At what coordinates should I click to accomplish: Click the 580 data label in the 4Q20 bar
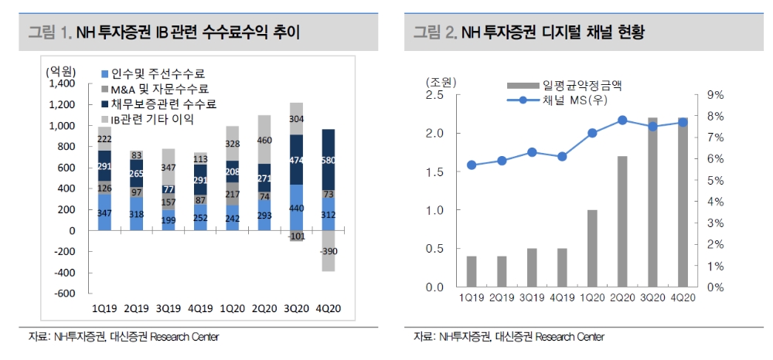[x=329, y=161]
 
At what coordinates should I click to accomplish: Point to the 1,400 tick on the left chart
[x=62, y=83]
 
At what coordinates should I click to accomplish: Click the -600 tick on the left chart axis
[x=64, y=294]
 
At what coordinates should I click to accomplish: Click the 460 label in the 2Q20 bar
[x=264, y=141]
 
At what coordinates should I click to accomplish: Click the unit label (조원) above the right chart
[x=441, y=81]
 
